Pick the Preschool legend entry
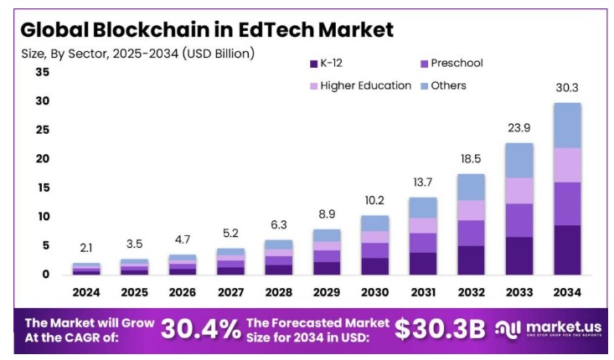(456, 64)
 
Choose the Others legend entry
(448, 85)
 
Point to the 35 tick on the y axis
(42, 73)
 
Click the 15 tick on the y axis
(42, 188)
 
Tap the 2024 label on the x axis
(86, 293)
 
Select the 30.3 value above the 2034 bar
(567, 86)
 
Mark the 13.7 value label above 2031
(423, 182)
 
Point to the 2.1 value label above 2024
(86, 247)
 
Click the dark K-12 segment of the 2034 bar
(567, 249)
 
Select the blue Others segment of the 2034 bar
(567, 125)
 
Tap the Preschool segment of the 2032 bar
(470, 233)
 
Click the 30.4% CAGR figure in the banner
(200, 329)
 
